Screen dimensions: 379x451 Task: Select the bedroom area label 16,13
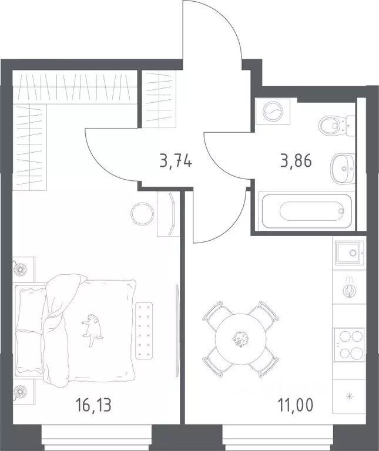click(x=94, y=405)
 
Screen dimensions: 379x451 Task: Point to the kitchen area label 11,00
click(x=296, y=405)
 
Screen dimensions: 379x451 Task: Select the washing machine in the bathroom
click(x=273, y=111)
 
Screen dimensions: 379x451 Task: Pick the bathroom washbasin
click(x=343, y=169)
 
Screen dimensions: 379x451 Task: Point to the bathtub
click(x=307, y=211)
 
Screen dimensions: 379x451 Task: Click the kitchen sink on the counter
click(x=349, y=253)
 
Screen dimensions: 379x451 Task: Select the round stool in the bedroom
click(x=142, y=213)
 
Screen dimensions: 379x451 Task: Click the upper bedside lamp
click(x=20, y=269)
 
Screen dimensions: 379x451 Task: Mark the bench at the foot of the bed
click(x=144, y=330)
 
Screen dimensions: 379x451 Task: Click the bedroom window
click(x=96, y=439)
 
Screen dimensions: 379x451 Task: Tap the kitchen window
click(x=278, y=439)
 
